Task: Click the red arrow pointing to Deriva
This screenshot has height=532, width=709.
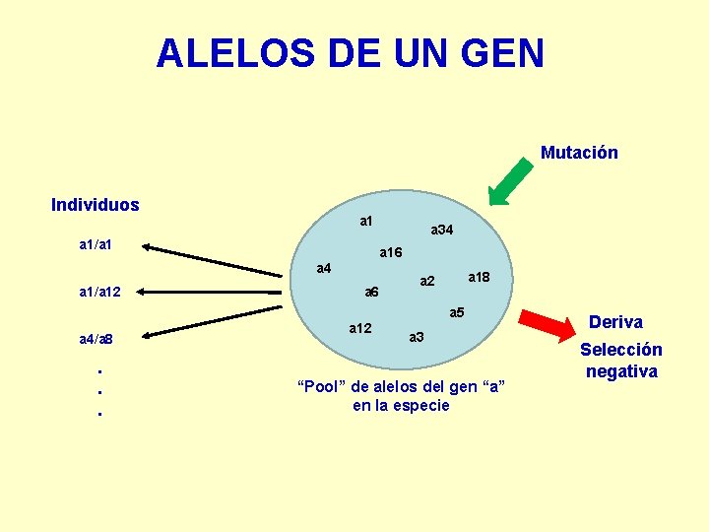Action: [x=545, y=323]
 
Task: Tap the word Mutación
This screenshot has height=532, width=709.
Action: [x=579, y=153]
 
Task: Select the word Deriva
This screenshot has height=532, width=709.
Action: [x=615, y=322]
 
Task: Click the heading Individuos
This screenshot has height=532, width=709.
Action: [x=96, y=205]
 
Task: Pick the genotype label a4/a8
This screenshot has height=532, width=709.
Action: [x=97, y=340]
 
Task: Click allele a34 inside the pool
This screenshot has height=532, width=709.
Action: [x=442, y=230]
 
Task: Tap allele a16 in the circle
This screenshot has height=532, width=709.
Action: [x=391, y=253]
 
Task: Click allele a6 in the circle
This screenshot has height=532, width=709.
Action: [x=370, y=292]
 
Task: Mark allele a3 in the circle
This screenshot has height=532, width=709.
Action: [x=417, y=337]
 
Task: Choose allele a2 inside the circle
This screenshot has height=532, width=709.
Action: [x=427, y=282]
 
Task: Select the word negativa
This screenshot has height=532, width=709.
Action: [x=621, y=371]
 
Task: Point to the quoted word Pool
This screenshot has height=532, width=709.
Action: [x=320, y=386]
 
